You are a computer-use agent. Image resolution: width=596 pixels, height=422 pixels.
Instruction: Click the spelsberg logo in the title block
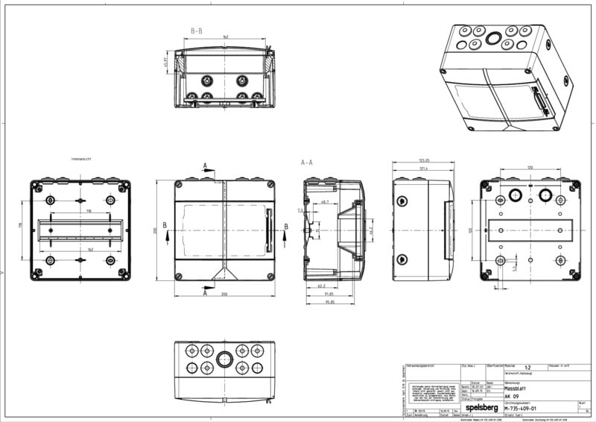(484, 409)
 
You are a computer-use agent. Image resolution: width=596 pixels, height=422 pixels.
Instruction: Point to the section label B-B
(198, 31)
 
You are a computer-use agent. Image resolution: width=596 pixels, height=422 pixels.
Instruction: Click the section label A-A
(307, 162)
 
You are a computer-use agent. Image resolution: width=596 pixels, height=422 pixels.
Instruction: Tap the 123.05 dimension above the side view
(425, 161)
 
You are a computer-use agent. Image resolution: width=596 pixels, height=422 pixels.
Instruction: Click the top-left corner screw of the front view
(179, 184)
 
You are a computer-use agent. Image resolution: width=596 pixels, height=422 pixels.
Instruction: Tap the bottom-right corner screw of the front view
(270, 277)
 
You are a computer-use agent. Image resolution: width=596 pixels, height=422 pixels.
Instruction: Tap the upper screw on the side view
(403, 201)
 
